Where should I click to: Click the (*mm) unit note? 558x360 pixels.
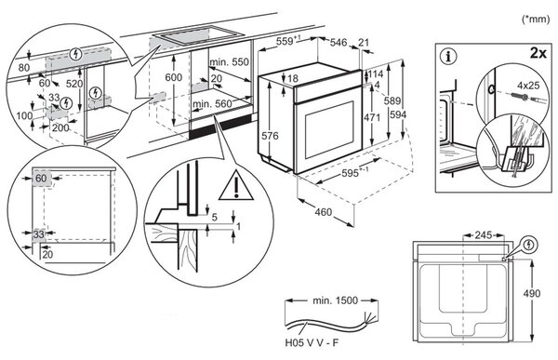click(536, 19)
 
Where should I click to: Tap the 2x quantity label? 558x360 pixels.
click(538, 53)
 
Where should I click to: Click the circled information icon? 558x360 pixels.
click(448, 57)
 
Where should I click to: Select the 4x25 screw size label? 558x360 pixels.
click(528, 86)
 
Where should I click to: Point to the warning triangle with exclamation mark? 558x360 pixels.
click(236, 185)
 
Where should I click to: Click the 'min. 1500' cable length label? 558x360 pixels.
click(335, 300)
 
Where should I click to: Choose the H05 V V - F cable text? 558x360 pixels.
click(312, 342)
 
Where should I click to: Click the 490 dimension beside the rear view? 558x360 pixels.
click(532, 293)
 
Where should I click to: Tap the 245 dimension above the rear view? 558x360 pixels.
click(484, 235)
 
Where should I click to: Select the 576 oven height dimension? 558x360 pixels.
click(270, 136)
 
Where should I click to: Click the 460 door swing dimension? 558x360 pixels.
click(323, 212)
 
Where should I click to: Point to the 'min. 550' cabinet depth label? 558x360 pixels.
click(229, 62)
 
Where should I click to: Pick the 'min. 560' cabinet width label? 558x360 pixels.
click(212, 104)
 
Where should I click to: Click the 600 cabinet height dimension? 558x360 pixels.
click(174, 77)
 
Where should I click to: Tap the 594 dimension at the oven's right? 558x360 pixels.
click(398, 114)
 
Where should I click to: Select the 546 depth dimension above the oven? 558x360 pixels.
click(339, 43)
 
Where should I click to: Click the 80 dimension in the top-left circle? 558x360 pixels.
click(24, 67)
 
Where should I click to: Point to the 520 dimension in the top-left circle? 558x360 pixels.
click(74, 84)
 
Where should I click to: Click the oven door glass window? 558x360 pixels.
click(329, 129)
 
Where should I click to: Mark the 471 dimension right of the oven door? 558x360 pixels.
click(372, 117)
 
